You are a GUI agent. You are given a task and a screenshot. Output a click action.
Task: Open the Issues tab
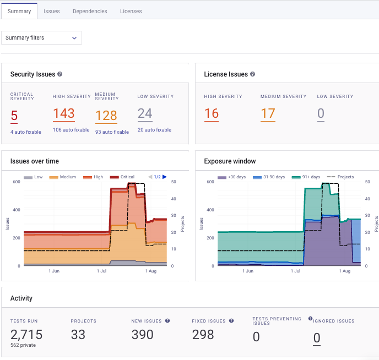52,11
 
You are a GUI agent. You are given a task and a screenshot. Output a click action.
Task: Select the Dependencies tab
90,11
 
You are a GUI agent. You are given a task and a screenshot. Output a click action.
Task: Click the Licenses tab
131,11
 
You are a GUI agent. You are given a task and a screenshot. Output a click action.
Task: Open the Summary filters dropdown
41,37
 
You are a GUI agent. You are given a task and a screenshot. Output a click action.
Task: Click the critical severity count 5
14,116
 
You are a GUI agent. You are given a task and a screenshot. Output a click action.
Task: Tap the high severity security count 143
64,113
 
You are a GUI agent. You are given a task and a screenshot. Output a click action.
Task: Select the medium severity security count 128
106,116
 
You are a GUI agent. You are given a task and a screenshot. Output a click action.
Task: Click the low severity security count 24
145,113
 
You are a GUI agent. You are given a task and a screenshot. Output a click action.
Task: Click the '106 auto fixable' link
71,130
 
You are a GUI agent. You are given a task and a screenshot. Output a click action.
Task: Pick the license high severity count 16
212,113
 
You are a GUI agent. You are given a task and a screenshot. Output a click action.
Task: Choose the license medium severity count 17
268,113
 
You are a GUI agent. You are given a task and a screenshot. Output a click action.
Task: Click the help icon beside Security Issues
60,74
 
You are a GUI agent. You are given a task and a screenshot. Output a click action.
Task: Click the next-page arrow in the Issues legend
165,177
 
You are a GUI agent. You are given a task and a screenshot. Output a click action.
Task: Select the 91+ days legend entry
310,177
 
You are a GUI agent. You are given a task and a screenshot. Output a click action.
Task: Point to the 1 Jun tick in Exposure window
247,271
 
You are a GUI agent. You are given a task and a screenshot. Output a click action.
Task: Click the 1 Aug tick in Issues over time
150,271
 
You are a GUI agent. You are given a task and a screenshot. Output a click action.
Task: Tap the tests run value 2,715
26,334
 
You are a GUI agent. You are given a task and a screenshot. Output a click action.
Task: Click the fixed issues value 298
203,334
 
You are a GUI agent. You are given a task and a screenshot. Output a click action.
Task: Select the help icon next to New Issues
167,320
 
